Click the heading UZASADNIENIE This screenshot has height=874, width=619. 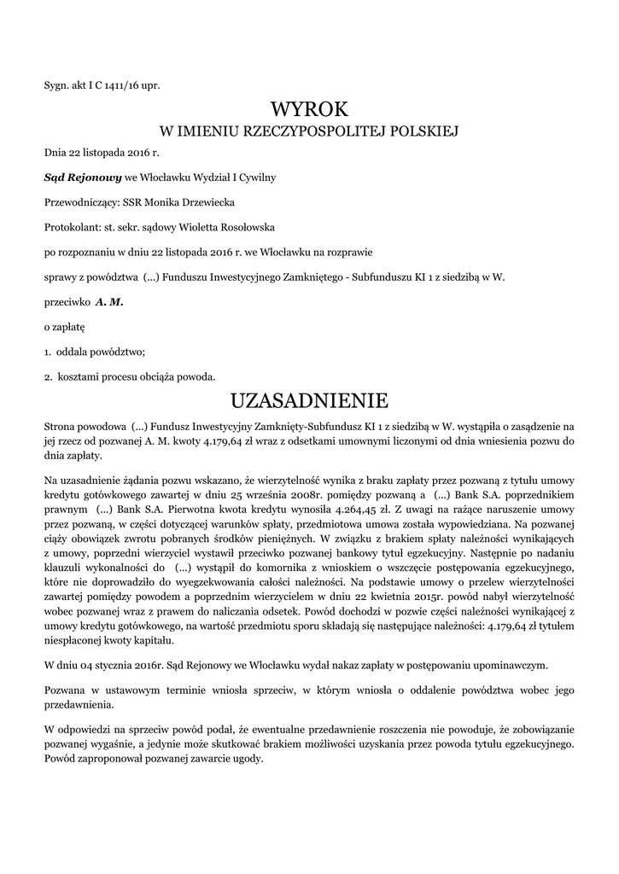pyautogui.click(x=310, y=399)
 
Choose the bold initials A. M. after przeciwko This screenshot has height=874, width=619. pyautogui.click(x=108, y=301)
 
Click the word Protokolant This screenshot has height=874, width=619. pyautogui.click(x=73, y=227)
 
